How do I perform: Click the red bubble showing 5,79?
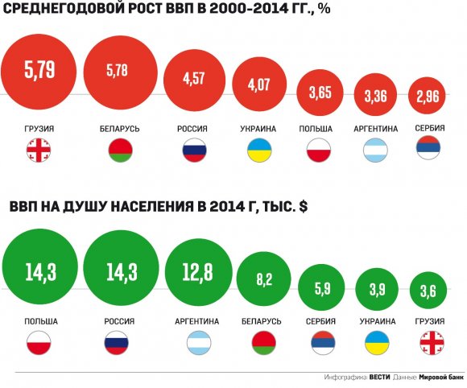click(x=39, y=72)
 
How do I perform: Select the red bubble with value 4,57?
click(x=195, y=80)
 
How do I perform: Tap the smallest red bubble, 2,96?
click(x=427, y=96)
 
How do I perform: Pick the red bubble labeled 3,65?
click(x=320, y=93)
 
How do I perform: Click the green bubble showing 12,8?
click(x=199, y=272)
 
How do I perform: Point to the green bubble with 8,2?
click(x=264, y=279)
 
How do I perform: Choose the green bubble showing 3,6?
click(x=428, y=290)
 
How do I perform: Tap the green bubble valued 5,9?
click(x=321, y=288)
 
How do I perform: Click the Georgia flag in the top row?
click(x=39, y=150)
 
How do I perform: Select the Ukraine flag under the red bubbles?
click(x=259, y=150)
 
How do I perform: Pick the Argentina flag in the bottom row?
click(x=199, y=343)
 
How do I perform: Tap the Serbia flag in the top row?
click(x=428, y=147)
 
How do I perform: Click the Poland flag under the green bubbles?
click(x=39, y=343)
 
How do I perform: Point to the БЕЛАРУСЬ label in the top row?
click(x=119, y=129)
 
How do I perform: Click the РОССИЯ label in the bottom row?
click(x=119, y=322)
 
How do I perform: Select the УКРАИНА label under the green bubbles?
click(x=378, y=322)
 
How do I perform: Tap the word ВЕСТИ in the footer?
click(x=379, y=378)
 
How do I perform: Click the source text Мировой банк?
click(x=441, y=378)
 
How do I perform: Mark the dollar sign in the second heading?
click(x=304, y=206)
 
